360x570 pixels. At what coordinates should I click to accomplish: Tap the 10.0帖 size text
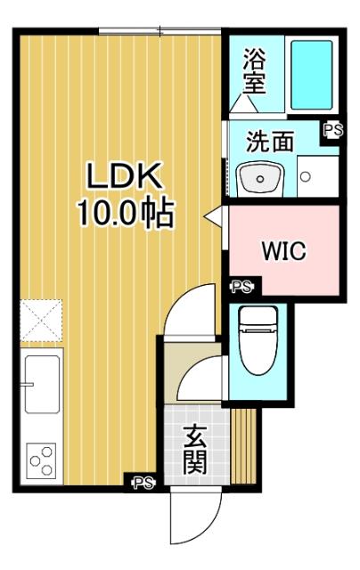124,215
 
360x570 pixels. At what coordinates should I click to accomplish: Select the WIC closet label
283,252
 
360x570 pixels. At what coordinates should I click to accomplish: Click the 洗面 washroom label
270,141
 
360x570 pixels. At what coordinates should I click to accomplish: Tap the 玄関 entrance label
196,450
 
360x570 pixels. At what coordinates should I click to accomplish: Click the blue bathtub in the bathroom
312,75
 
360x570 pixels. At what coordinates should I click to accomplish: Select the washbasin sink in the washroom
260,178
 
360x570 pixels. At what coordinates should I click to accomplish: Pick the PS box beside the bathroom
332,130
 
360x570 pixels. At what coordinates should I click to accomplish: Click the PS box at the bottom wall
143,484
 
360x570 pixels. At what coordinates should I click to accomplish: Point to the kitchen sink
42,383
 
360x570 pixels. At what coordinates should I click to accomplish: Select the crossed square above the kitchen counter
41,320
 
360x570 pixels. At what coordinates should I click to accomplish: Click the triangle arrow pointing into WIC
213,216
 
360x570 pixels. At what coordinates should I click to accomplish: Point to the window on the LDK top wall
160,31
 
